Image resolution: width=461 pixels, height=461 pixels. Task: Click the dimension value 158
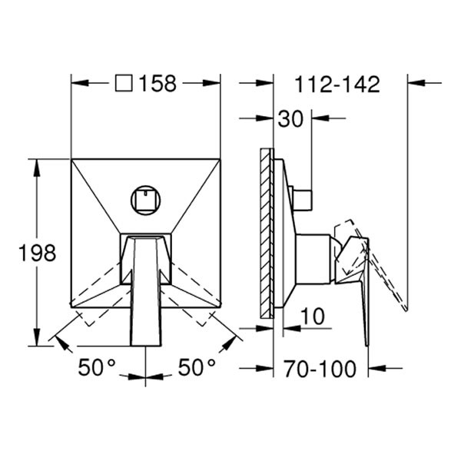pyautogui.click(x=158, y=84)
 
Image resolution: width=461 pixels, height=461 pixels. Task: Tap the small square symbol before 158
pyautogui.click(x=123, y=84)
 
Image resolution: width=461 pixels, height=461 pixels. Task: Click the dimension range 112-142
pyautogui.click(x=337, y=85)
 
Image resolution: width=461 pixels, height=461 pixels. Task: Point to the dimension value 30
pyautogui.click(x=290, y=118)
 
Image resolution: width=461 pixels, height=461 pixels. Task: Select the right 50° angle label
pyautogui.click(x=197, y=368)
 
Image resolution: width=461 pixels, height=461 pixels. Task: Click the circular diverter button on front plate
pyautogui.click(x=145, y=201)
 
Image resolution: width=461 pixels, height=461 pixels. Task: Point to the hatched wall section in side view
pyautogui.click(x=266, y=232)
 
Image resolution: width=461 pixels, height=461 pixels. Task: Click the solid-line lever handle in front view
pyautogui.click(x=146, y=292)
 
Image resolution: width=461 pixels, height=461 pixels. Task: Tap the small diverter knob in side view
pyautogui.click(x=303, y=198)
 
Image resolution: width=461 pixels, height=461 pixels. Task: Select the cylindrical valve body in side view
pyautogui.click(x=313, y=259)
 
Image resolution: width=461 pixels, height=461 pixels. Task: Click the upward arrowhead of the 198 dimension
pyautogui.click(x=36, y=164)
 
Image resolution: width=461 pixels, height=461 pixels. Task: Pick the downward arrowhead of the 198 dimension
pyautogui.click(x=36, y=340)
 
